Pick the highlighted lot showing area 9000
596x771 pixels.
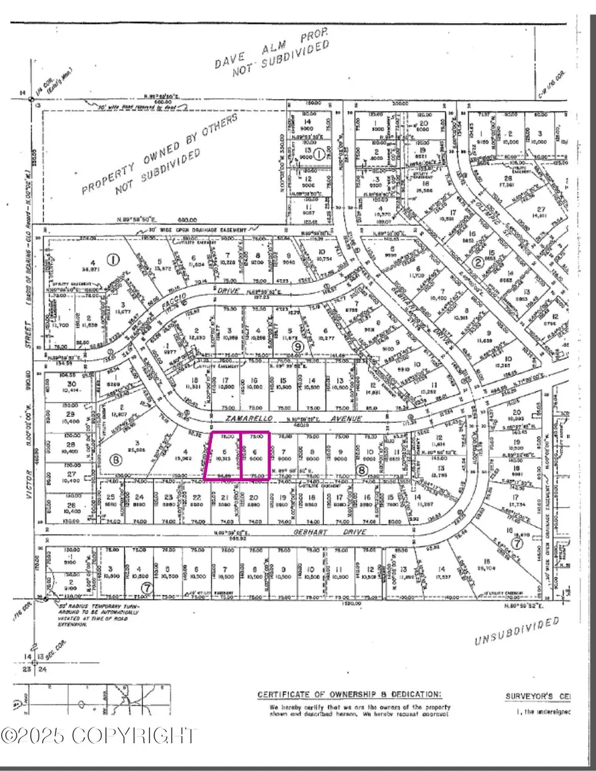point(256,455)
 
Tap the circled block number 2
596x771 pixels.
point(476,263)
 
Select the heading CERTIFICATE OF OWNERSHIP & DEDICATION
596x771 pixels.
point(349,694)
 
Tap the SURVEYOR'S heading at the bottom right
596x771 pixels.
point(536,696)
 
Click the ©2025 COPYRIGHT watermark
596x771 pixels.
point(99,735)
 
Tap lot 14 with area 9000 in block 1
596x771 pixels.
point(306,125)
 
